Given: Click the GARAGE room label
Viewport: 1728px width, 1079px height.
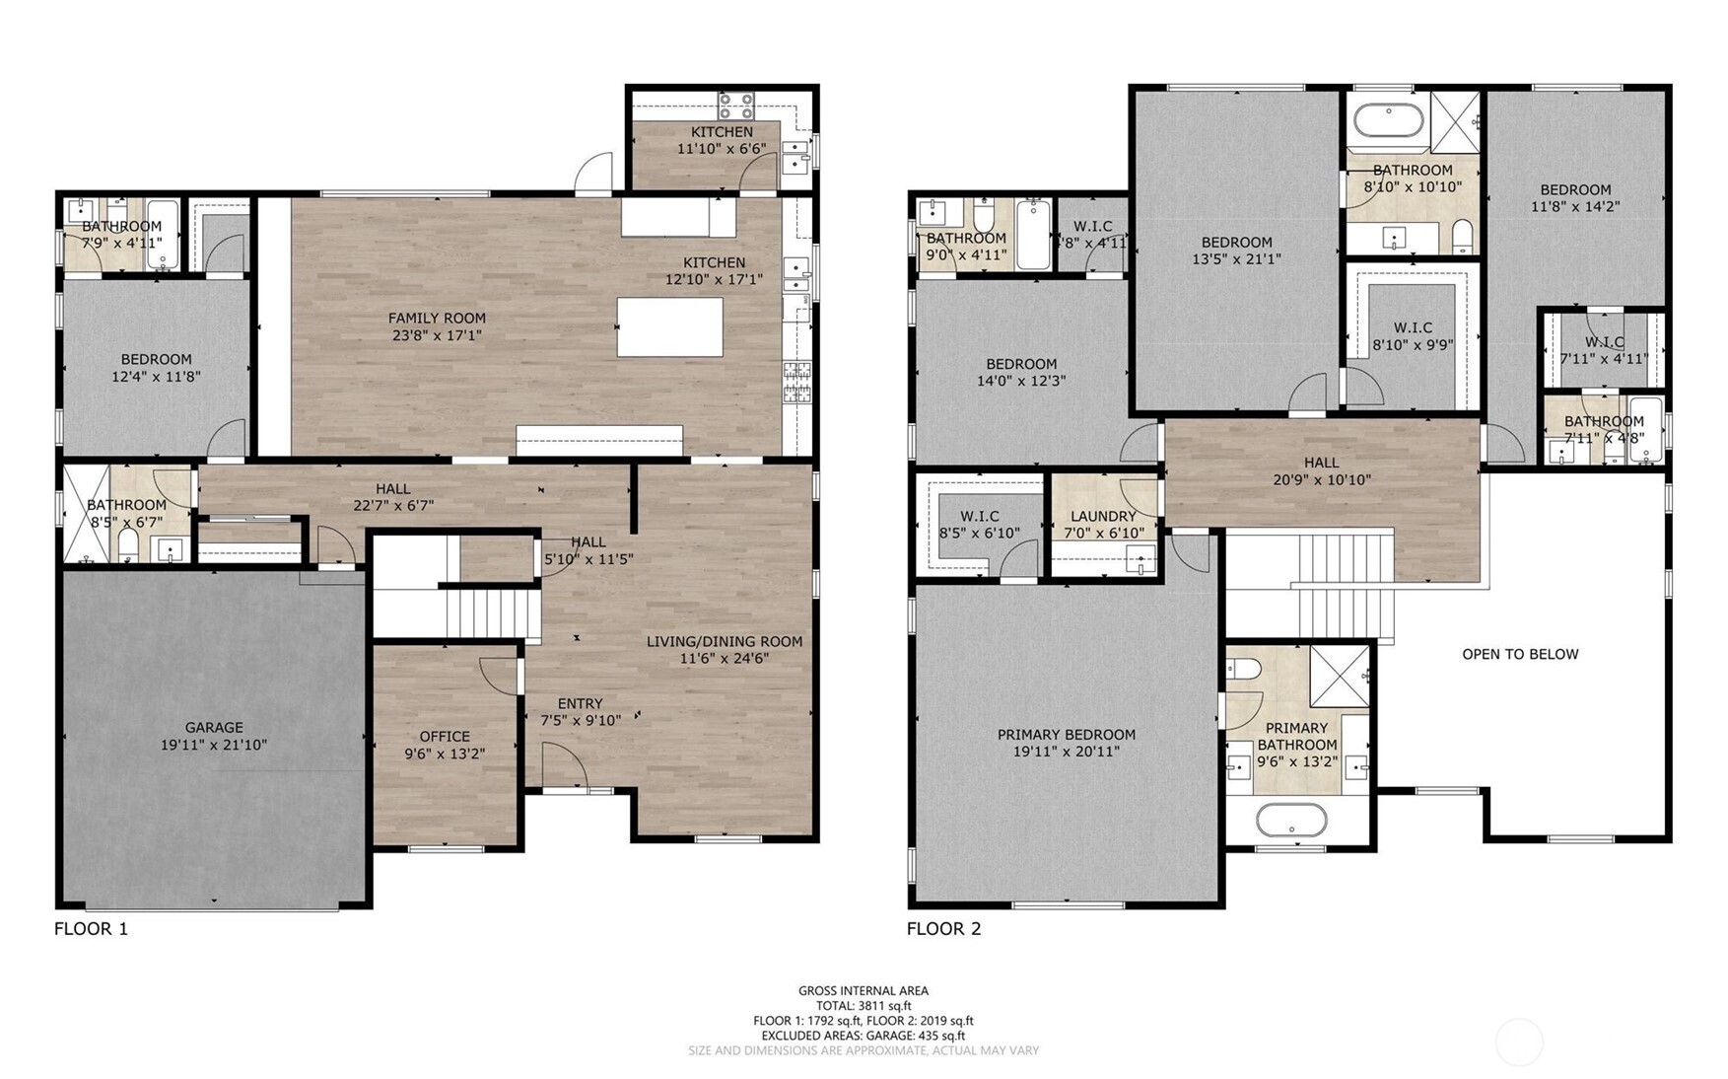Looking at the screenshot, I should (214, 728).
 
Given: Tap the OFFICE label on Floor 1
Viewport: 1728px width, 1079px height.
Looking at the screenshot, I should (445, 736).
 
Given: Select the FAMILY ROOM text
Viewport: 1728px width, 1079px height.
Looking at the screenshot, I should (437, 318).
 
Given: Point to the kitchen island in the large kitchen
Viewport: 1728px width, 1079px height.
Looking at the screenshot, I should (669, 326).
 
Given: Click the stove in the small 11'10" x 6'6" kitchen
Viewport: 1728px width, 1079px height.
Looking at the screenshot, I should (735, 106).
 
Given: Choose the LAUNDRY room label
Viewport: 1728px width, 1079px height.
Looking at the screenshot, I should (1103, 516).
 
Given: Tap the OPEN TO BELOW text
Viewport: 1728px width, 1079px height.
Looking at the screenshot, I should (1520, 654).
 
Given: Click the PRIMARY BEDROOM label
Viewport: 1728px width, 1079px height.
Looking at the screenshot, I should (1067, 734).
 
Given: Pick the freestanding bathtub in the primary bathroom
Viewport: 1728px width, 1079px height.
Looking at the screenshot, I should (1290, 820).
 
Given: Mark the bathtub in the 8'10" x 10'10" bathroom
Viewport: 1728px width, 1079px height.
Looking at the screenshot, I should (1388, 121).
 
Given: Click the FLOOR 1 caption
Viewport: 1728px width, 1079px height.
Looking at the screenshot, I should (91, 928).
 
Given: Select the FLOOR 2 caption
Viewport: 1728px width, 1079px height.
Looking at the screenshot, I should (943, 928).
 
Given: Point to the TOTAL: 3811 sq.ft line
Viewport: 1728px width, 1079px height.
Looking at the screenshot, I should (863, 1006).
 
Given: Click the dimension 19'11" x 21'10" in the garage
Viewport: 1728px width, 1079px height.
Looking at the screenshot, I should (214, 746).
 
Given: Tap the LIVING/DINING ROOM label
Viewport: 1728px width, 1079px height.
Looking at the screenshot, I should (725, 641).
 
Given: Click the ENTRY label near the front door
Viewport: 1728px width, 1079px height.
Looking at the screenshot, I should (580, 703).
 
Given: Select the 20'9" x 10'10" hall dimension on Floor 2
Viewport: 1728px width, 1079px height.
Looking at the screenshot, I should (1321, 480).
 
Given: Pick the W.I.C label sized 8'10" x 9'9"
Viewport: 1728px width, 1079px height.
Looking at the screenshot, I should (1413, 327).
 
